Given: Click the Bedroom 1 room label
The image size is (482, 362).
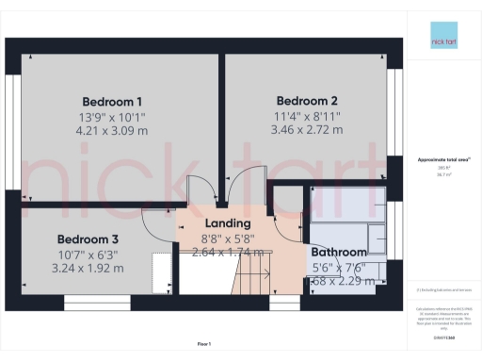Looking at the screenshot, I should click(112, 102).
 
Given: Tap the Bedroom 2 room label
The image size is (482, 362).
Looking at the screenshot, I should click(307, 101).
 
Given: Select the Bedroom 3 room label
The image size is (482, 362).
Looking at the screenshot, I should click(88, 239).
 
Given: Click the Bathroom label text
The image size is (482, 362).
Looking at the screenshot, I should click(338, 253).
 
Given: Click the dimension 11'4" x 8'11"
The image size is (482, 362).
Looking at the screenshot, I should click(307, 117).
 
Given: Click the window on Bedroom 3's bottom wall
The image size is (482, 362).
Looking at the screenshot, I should click(89, 303).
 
